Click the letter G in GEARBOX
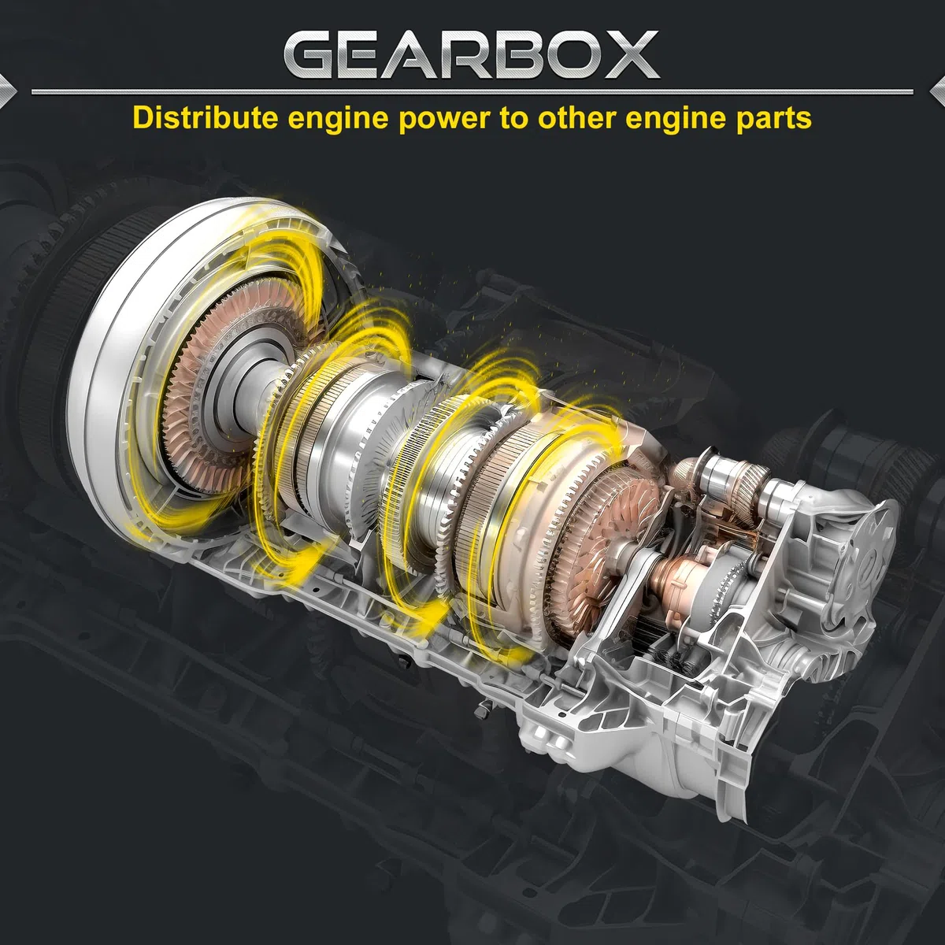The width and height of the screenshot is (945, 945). pos(312,54)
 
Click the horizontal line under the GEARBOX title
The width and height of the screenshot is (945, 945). pos(472,91)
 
